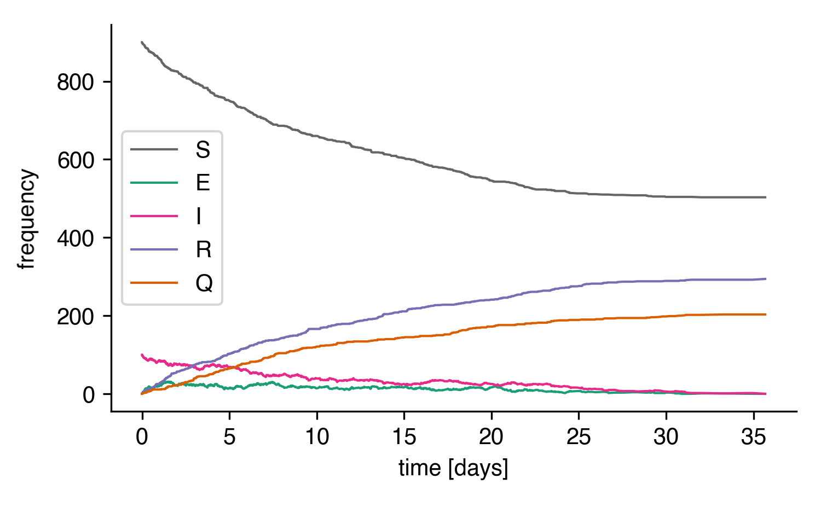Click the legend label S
pos(203,149)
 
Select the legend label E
pos(203,183)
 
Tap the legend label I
pos(199,216)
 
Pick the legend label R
pos(203,249)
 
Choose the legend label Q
pos(204,283)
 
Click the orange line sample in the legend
pos(154,283)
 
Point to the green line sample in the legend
pos(154,183)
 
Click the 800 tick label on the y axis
pos(76,82)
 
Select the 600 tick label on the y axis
pos(76,160)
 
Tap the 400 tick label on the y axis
pos(76,238)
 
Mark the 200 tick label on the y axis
pos(76,317)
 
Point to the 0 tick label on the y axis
pos(89,394)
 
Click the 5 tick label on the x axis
pos(229,437)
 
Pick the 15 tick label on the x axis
pos(404,437)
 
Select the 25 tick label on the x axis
pos(579,437)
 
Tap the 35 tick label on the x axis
pos(753,437)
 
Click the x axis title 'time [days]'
pos(453,469)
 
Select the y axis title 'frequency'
pos(27,219)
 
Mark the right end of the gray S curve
pos(765,197)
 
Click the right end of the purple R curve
pos(765,279)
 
